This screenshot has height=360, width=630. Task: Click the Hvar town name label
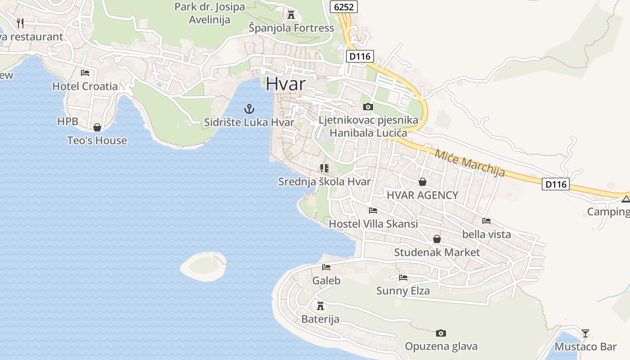[x=285, y=84]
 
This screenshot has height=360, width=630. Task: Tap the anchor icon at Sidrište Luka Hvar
[x=249, y=108]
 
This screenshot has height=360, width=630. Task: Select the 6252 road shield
[x=344, y=6]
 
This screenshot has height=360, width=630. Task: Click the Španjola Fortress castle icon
[x=291, y=15]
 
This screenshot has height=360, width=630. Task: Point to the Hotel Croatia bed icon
[x=85, y=72]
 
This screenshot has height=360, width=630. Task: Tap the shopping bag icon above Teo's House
[x=97, y=127]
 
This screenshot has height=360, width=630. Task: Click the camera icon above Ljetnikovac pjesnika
[x=368, y=107]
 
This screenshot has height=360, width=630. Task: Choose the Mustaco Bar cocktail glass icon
[x=585, y=333]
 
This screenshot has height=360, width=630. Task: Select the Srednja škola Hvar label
[x=324, y=182]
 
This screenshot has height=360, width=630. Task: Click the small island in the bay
[x=203, y=266]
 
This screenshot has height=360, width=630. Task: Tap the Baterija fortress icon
[x=320, y=306]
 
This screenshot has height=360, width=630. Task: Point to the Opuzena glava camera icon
[x=441, y=333]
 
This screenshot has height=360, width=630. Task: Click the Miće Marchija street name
[x=469, y=162]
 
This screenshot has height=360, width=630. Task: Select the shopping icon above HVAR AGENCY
[x=422, y=182]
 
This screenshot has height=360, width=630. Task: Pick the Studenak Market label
[x=437, y=252]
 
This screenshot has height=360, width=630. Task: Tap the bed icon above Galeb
[x=326, y=267]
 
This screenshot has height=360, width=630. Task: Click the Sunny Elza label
[x=403, y=291]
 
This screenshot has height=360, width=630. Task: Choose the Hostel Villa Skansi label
[x=373, y=224]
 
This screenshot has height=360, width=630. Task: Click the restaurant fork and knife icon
[x=20, y=23]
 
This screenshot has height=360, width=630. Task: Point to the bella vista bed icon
[x=486, y=221]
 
